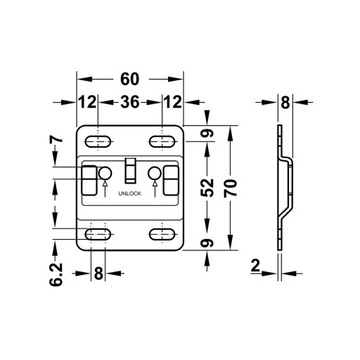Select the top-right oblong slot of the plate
point(161,135)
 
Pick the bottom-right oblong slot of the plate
point(161,234)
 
